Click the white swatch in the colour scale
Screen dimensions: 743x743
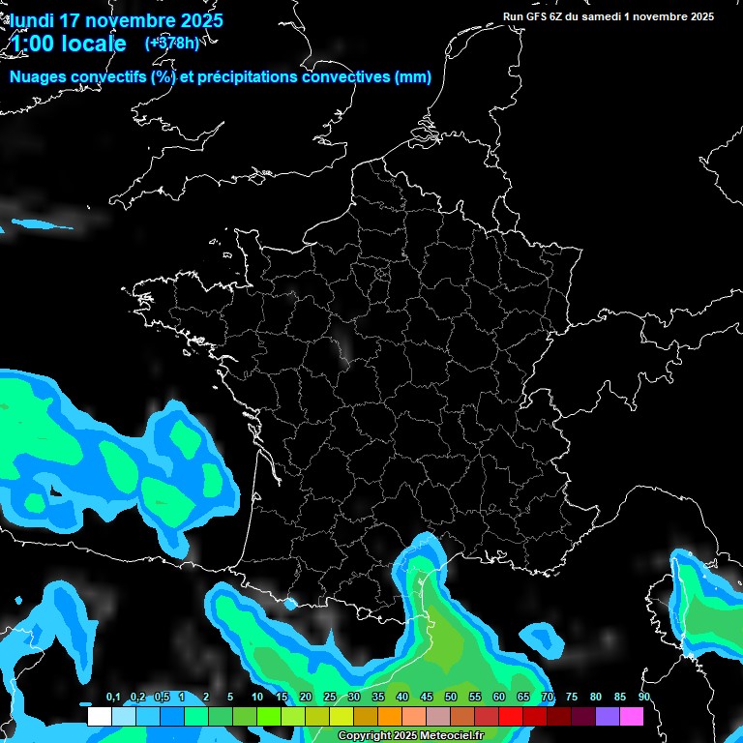100,717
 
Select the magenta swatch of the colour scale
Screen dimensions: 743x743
632,717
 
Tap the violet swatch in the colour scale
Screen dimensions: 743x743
608,717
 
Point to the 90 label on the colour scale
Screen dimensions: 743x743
643,698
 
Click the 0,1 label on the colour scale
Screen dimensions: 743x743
113,698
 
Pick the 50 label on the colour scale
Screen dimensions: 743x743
451,698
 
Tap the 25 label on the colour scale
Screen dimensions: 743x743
330,698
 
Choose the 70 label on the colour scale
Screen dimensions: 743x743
548,698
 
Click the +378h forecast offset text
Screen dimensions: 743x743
171,43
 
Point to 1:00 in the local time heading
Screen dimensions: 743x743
34,44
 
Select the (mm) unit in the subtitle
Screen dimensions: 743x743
413,77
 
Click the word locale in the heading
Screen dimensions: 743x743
94,44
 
